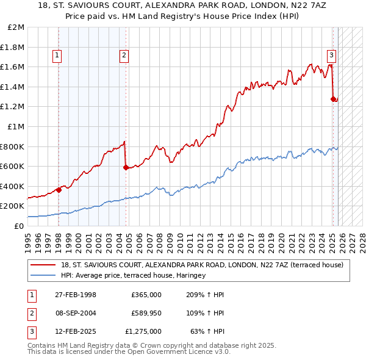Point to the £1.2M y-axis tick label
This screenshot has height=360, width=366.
click(x=14, y=107)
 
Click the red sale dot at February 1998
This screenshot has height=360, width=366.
click(x=59, y=190)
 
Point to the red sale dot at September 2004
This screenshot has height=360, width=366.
click(x=126, y=167)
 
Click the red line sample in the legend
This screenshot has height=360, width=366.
click(x=43, y=265)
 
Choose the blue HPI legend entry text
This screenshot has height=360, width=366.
click(x=133, y=276)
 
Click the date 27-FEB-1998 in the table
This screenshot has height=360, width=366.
click(x=75, y=295)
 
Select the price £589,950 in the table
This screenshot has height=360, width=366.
click(x=146, y=313)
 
